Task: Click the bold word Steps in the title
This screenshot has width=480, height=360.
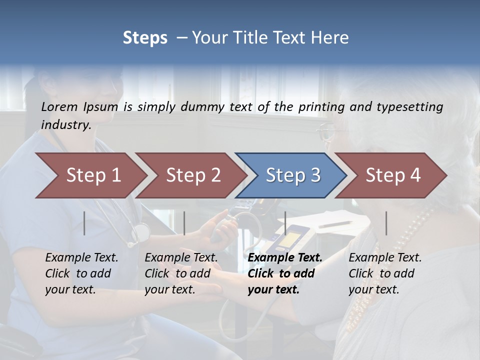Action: [x=145, y=38]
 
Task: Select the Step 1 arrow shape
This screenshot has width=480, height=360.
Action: [x=92, y=175]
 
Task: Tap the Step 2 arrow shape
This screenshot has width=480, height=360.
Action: [x=192, y=175]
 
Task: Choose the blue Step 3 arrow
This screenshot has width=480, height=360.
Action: [x=292, y=175]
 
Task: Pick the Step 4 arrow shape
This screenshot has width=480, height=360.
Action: [x=392, y=175]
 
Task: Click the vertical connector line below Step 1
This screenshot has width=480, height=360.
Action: [x=84, y=223]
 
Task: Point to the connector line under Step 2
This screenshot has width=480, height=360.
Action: [x=184, y=223]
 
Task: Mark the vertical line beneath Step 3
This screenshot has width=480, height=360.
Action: [x=285, y=223]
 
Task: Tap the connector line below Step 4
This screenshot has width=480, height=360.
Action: [x=386, y=223]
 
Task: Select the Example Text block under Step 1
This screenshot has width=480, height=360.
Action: [x=81, y=273]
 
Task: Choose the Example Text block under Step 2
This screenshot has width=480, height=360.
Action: [x=180, y=273]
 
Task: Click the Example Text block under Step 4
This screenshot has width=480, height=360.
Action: [x=384, y=273]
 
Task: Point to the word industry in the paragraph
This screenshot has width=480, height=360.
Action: [x=65, y=125]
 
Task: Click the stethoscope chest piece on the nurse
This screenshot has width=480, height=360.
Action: [x=141, y=232]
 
